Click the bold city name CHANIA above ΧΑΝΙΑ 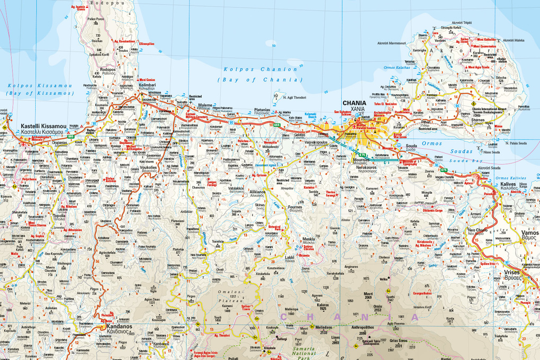[354, 103]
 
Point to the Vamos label [529, 232]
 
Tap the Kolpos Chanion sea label [260, 69]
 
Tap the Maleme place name [206, 106]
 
